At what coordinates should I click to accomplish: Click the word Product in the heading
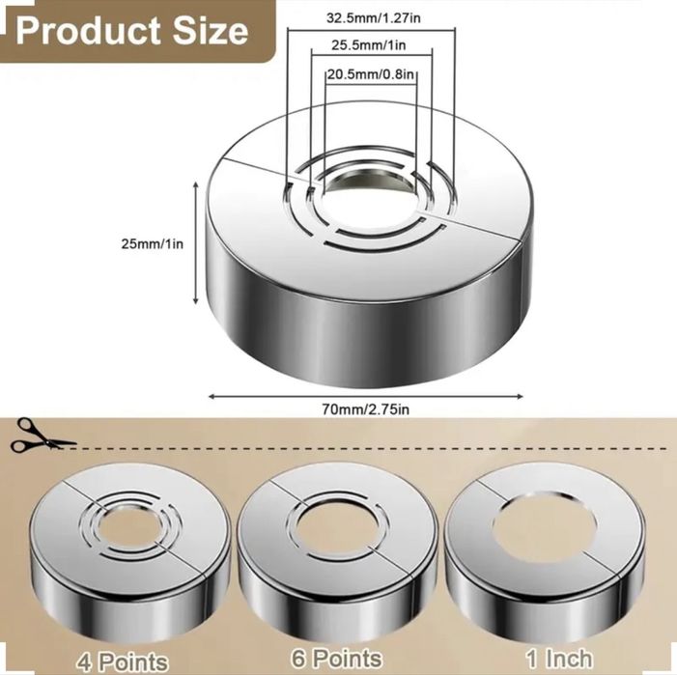[88, 31]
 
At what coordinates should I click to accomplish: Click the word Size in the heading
[211, 31]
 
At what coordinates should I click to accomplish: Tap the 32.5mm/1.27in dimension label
[373, 18]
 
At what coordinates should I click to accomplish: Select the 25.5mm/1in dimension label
[368, 44]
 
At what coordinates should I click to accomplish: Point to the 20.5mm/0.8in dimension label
[371, 74]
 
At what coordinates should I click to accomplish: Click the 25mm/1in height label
[152, 244]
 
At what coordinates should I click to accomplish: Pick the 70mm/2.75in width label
[365, 408]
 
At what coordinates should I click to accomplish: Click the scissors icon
[41, 435]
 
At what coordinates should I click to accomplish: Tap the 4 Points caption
[123, 661]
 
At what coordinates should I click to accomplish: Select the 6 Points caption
[336, 659]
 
